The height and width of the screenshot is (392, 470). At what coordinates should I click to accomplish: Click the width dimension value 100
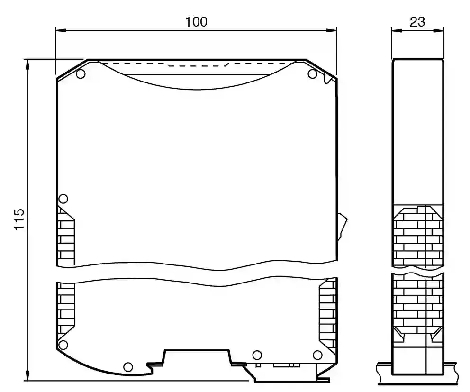196,22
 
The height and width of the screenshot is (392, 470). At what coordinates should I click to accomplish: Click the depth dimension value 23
417,22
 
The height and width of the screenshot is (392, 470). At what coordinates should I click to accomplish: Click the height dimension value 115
19,219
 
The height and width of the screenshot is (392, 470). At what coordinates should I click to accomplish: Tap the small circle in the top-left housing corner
81,74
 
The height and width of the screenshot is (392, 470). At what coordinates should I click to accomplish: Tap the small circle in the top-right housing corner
312,74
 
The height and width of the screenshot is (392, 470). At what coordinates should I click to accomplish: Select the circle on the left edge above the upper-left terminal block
63,199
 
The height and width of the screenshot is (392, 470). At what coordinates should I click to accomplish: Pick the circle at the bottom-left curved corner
63,345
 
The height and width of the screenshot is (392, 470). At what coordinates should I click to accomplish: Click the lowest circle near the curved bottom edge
128,367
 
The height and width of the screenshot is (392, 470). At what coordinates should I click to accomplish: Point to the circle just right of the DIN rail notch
257,355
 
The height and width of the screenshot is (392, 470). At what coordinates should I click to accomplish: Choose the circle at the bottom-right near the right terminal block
317,355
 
